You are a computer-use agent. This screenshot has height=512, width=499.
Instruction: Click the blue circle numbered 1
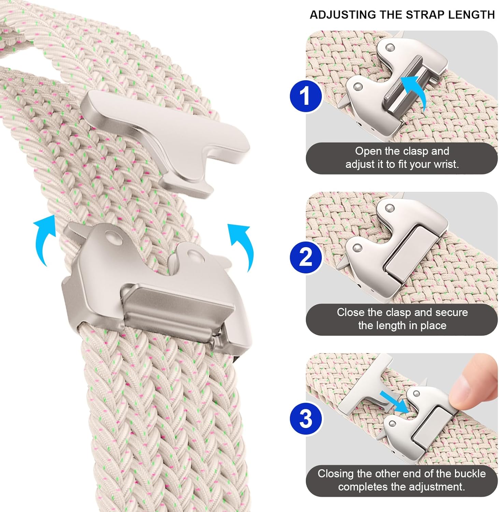tap(305, 96)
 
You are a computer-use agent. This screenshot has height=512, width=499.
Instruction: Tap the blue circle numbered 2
tap(305, 257)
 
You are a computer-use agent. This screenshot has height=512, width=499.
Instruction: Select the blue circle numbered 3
tap(305, 418)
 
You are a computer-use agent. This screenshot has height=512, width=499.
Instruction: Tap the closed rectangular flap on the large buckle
tap(177, 307)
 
